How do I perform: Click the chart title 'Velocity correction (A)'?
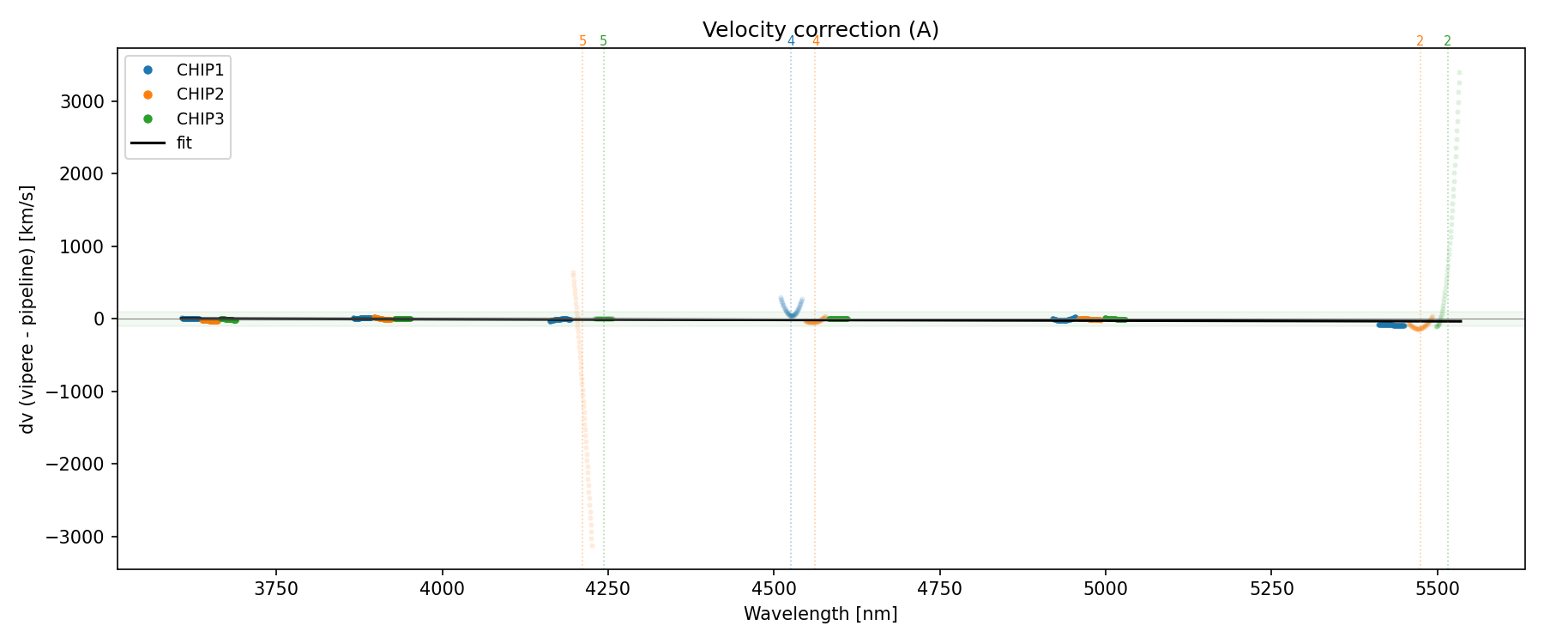tap(820, 30)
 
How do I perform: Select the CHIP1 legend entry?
tap(199, 70)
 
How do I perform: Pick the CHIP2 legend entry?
tap(199, 94)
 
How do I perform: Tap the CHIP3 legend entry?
tap(199, 119)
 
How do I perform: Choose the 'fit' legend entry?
tap(184, 143)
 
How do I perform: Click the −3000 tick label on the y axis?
tap(80, 537)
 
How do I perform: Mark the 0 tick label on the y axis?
tap(100, 319)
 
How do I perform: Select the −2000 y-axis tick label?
tap(80, 465)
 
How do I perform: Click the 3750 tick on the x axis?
tap(276, 589)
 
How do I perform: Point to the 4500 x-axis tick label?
tap(774, 589)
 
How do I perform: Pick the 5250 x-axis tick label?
tap(1271, 589)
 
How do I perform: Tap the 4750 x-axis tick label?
tap(939, 589)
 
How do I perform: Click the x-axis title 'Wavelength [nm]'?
tap(820, 614)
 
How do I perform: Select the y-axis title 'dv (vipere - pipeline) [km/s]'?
tap(27, 309)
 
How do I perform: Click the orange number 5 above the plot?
tap(582, 41)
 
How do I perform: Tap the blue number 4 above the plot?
tap(791, 41)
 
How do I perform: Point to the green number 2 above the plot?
tap(1448, 41)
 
